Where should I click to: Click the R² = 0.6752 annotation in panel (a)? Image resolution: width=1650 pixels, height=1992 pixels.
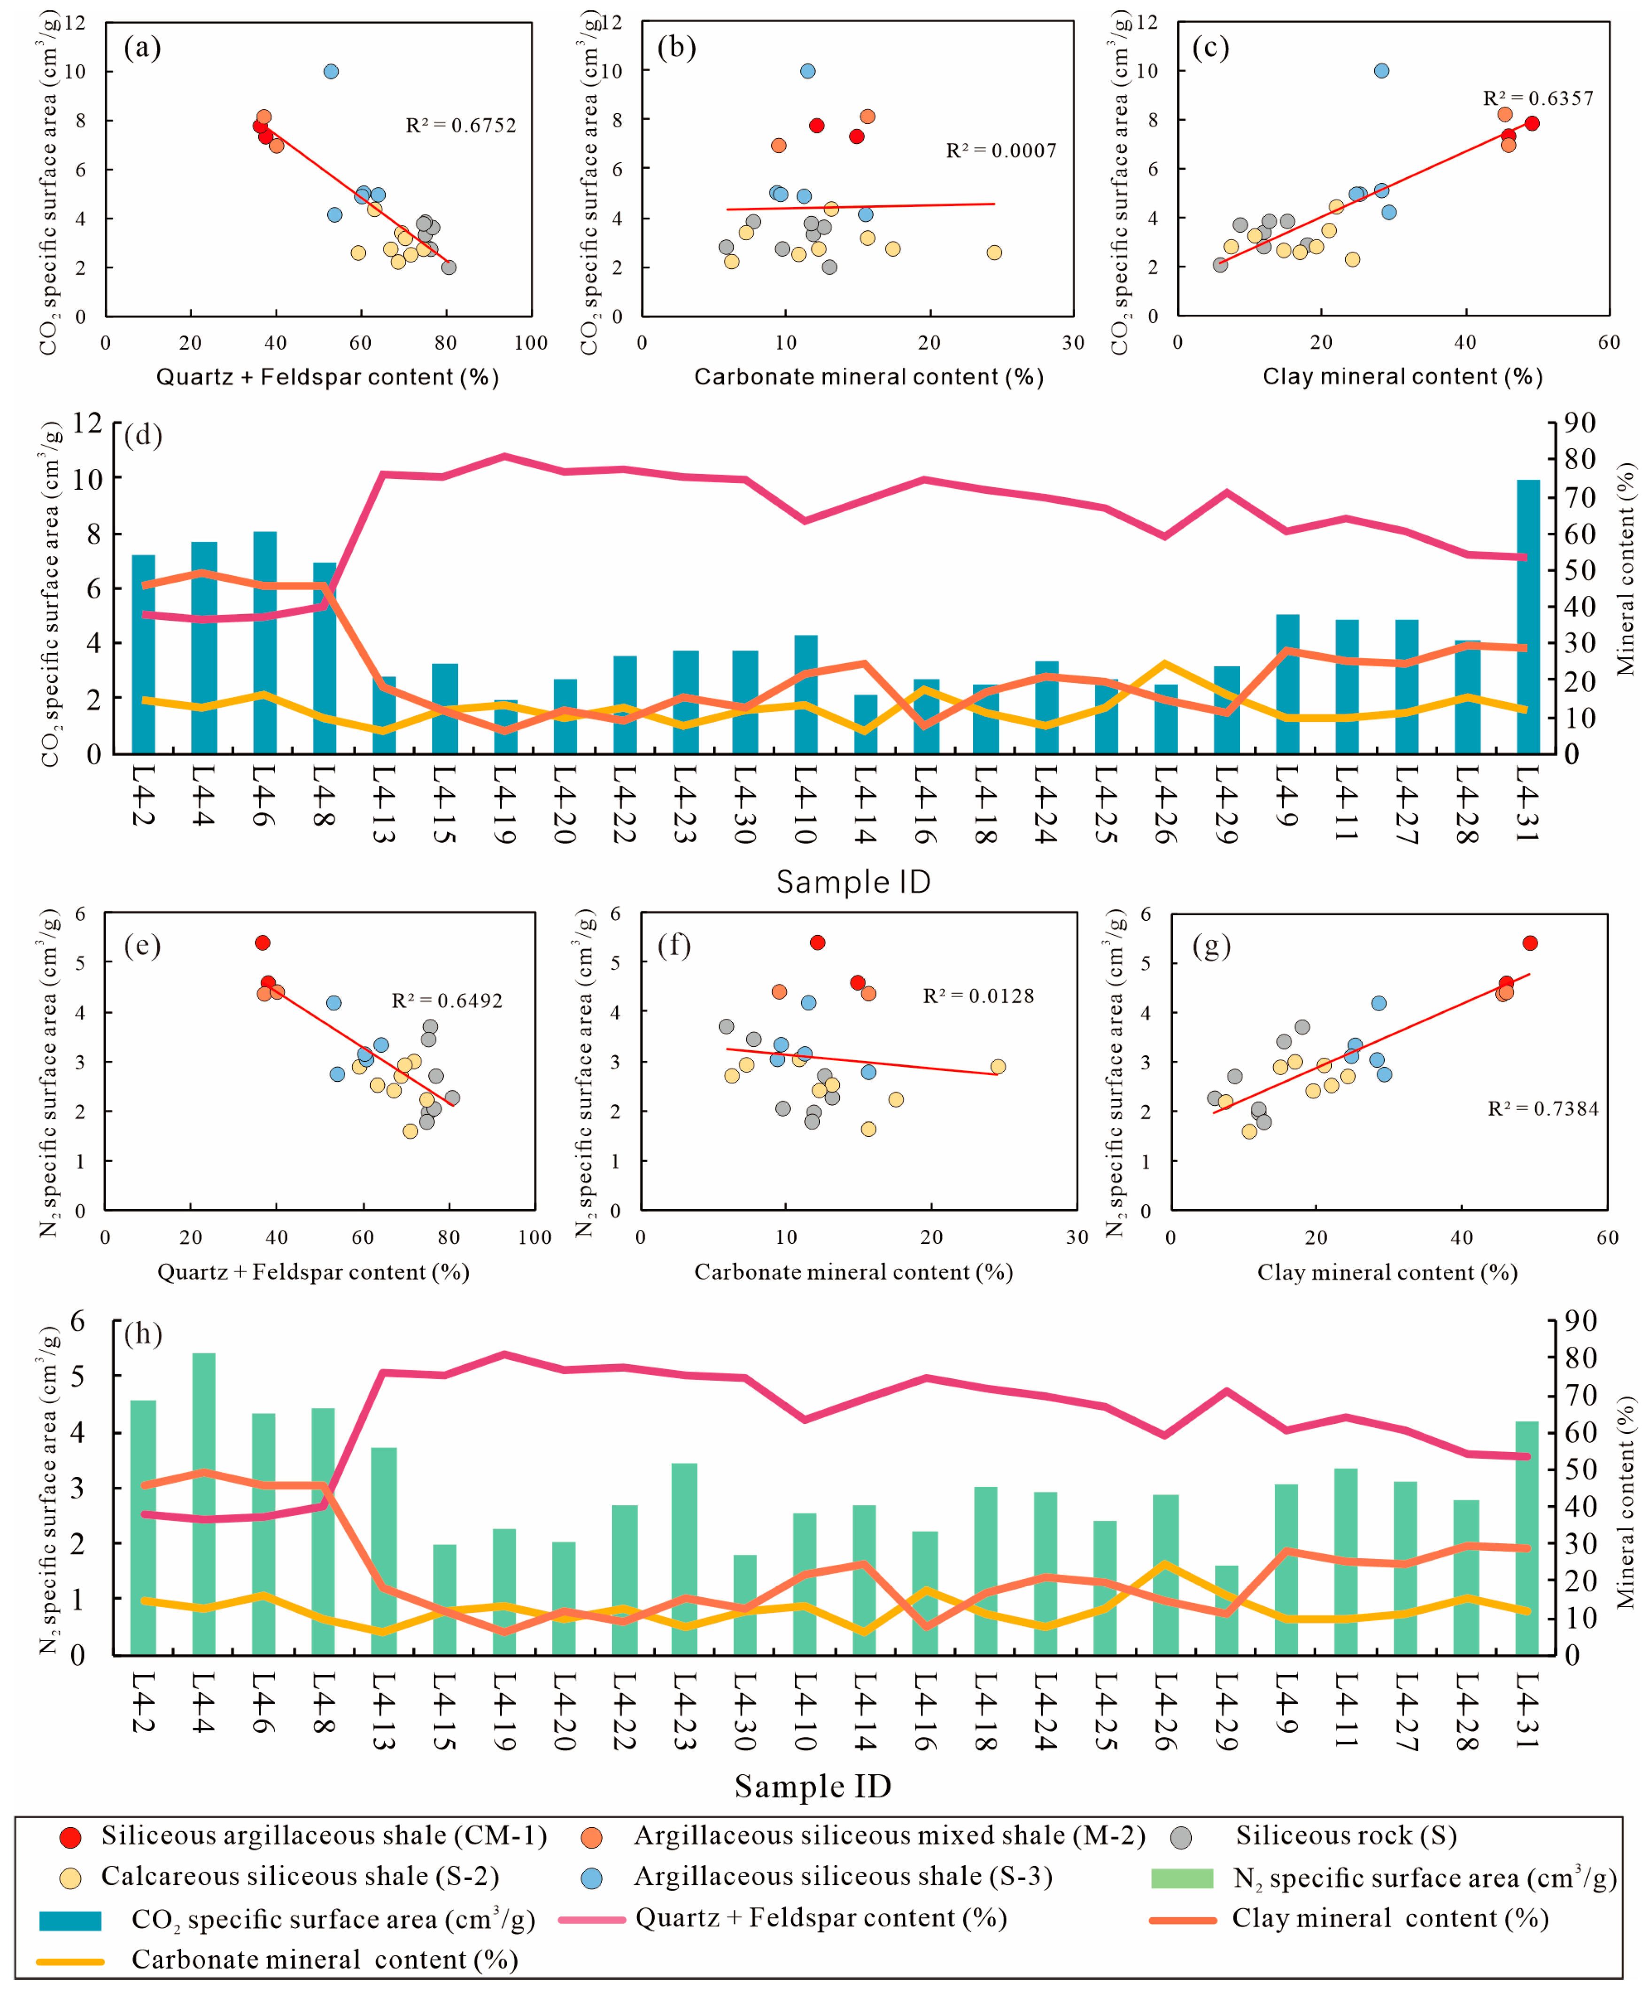tap(461, 125)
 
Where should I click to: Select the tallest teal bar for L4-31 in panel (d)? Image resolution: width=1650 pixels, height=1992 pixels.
tap(1528, 617)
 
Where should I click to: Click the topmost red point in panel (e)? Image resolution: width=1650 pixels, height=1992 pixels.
tap(263, 943)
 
